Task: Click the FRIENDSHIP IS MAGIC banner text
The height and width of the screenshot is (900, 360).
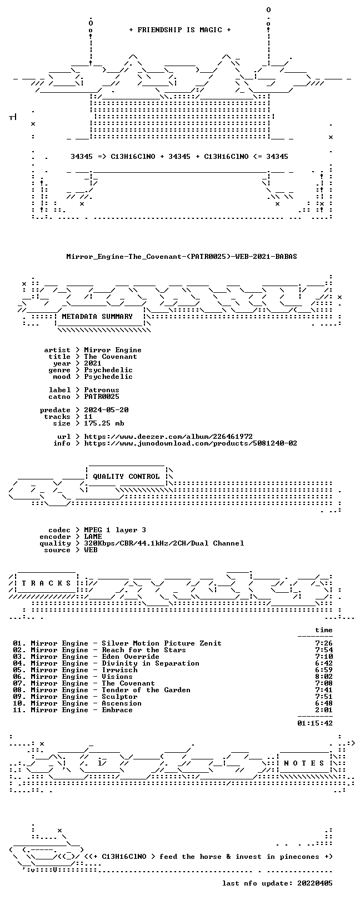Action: [180, 30]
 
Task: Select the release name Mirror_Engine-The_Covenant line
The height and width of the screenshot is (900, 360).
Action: [182, 256]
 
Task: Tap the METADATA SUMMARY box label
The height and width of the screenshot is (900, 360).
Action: [97, 317]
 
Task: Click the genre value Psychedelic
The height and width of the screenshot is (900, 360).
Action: [108, 370]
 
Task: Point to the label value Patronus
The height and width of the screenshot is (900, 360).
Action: [102, 390]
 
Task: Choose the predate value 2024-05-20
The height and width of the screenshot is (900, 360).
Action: [106, 410]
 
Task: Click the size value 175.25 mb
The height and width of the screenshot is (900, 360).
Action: [104, 423]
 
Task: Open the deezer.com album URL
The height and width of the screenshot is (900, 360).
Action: [168, 437]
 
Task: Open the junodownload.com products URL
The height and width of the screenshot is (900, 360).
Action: [191, 443]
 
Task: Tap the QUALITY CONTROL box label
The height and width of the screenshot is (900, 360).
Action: [126, 477]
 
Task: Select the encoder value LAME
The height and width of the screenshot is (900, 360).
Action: [93, 537]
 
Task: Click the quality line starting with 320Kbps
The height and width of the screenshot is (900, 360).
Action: [164, 544]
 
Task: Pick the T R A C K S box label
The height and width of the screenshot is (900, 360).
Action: [46, 583]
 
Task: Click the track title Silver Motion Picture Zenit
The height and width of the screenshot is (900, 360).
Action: [162, 643]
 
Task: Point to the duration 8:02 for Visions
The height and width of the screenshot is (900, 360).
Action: [324, 677]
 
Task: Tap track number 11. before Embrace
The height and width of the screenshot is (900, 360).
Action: [19, 710]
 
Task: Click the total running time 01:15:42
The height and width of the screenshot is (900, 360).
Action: [315, 723]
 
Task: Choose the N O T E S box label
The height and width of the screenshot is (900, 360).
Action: [304, 763]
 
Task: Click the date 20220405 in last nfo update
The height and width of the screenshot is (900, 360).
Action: [315, 883]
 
